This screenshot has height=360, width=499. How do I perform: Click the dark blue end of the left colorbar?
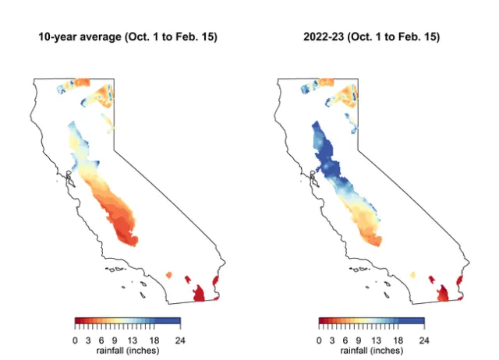point(176,319)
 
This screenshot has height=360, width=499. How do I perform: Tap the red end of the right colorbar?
point(322,319)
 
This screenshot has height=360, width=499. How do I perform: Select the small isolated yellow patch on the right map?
point(412,275)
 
